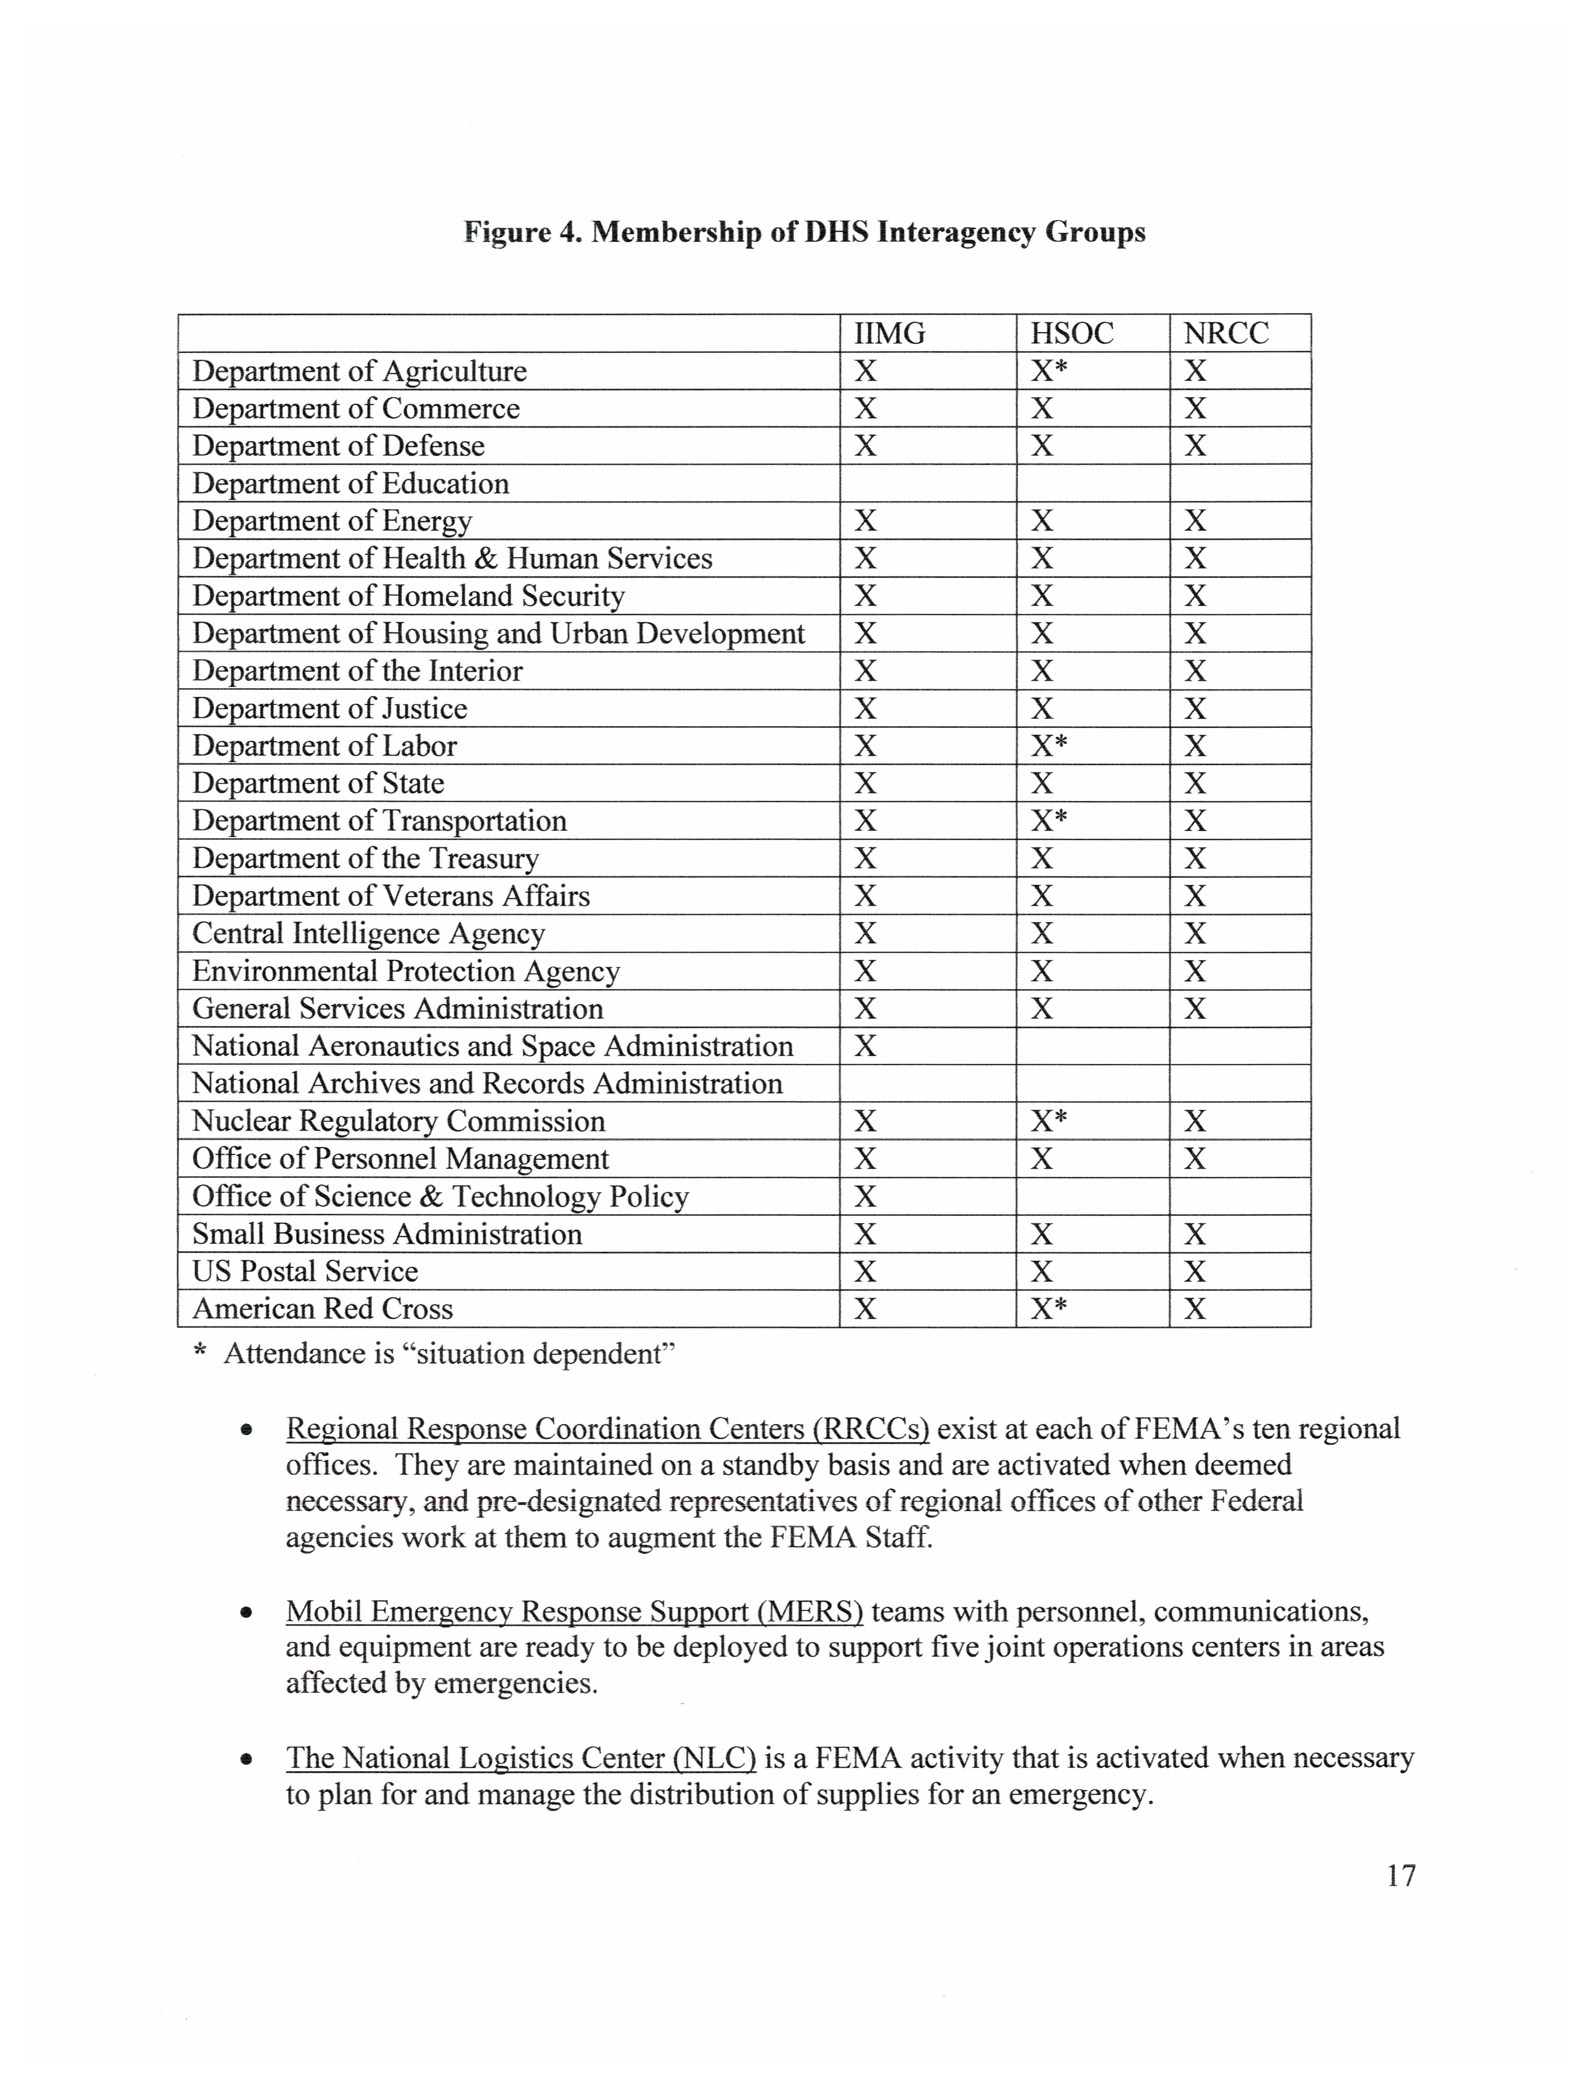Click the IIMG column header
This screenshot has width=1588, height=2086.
pyautogui.click(x=889, y=334)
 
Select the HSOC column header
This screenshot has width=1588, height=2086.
pyautogui.click(x=1072, y=334)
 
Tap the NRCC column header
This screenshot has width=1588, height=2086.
pyautogui.click(x=1226, y=334)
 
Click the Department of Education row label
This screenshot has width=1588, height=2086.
pyautogui.click(x=351, y=484)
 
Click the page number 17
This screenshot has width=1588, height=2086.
pyautogui.click(x=1401, y=1875)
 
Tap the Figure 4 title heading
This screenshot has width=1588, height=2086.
pyautogui.click(x=804, y=233)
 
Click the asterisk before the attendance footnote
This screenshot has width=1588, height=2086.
pyautogui.click(x=200, y=1352)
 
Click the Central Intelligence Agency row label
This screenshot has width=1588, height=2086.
pyautogui.click(x=369, y=934)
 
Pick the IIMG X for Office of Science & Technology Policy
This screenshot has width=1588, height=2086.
pyautogui.click(x=866, y=1196)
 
